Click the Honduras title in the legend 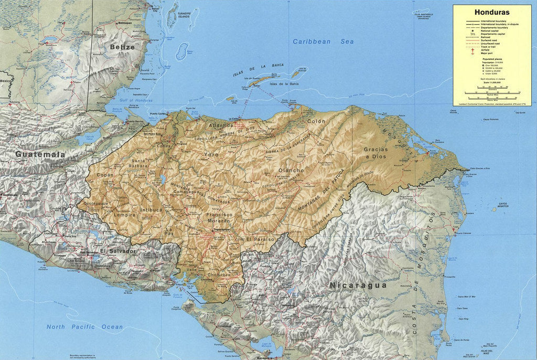(x=491, y=12)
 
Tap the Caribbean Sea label (x=323, y=41)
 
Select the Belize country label (x=122, y=47)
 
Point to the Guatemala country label (x=40, y=154)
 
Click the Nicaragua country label (x=358, y=285)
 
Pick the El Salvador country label (x=118, y=251)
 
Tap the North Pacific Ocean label (x=84, y=327)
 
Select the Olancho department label (x=291, y=171)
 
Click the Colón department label (x=316, y=121)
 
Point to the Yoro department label (x=211, y=155)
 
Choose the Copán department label (x=105, y=175)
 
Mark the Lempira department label (x=124, y=215)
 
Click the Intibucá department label (x=152, y=210)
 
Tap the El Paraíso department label (x=260, y=239)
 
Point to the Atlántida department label (x=221, y=125)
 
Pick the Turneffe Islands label (x=184, y=15)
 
